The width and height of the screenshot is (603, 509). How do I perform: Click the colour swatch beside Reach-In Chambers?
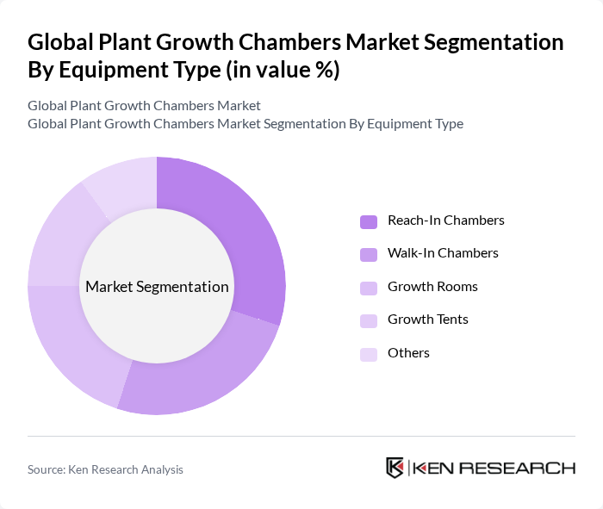pyautogui.click(x=369, y=221)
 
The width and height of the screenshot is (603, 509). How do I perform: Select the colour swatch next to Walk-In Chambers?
pyautogui.click(x=369, y=254)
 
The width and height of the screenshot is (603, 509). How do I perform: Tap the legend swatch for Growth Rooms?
pyautogui.click(x=369, y=288)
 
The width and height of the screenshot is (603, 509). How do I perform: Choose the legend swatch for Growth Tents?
pyautogui.click(x=369, y=320)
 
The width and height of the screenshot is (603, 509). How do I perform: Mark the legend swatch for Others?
pyautogui.click(x=369, y=354)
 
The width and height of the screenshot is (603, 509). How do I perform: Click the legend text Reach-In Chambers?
pyautogui.click(x=445, y=220)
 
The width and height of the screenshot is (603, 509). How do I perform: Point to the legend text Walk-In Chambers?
pyautogui.click(x=443, y=253)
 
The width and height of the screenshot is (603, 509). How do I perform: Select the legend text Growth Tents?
pyautogui.click(x=428, y=320)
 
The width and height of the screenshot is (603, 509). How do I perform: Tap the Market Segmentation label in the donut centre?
pyautogui.click(x=157, y=287)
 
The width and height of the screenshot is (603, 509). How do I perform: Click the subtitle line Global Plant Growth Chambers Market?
pyautogui.click(x=144, y=106)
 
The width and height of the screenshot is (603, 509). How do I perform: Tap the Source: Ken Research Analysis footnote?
pyautogui.click(x=105, y=469)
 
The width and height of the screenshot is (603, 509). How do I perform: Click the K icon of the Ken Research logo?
pyautogui.click(x=395, y=468)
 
